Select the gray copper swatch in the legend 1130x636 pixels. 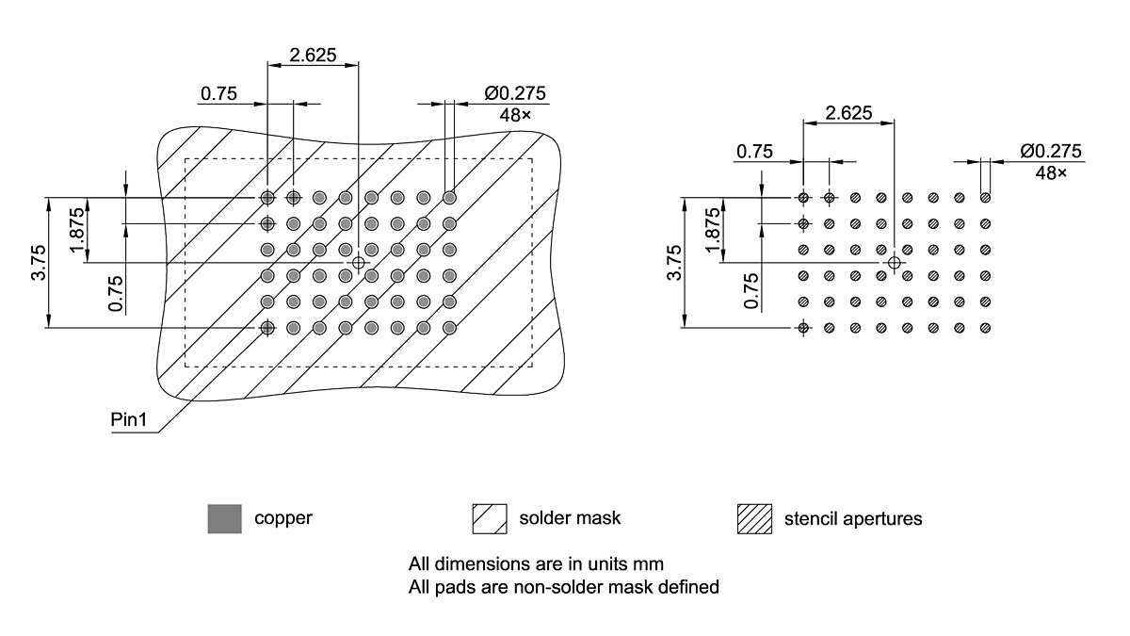224,518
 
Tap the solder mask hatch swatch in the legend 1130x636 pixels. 489,518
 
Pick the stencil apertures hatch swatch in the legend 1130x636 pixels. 753,518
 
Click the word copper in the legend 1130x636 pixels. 282,518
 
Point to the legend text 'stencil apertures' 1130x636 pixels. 853,518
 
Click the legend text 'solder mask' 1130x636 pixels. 570,518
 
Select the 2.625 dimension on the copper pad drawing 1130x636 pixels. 313,55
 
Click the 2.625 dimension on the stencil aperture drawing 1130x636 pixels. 847,113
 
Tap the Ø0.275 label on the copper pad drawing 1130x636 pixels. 515,93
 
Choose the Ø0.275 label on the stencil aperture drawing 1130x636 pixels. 1050,151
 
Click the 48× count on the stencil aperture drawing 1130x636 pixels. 1052,173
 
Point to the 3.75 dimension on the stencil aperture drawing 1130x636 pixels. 672,263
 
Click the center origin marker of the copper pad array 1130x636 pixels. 358,263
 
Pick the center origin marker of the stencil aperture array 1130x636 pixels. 894,263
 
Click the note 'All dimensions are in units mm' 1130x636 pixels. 536,564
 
